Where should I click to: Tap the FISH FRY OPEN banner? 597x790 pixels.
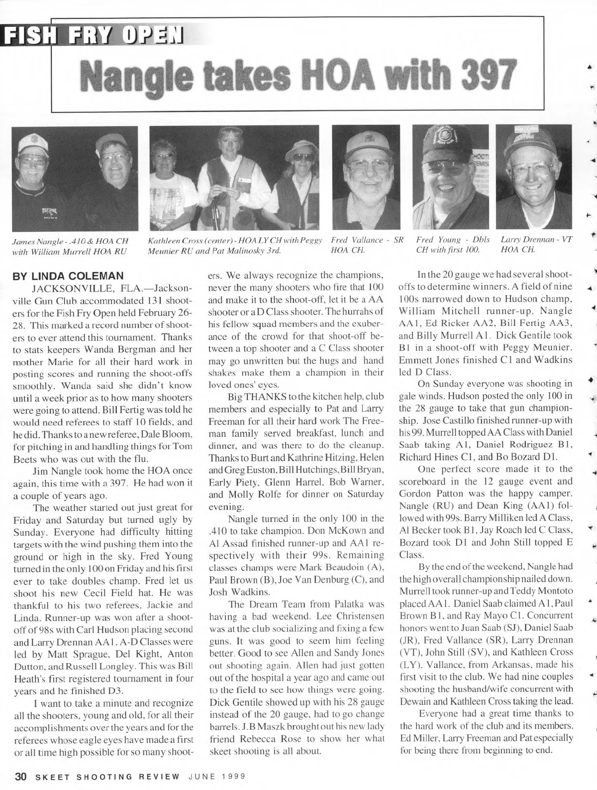coord(93,35)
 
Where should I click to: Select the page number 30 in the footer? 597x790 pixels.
coord(20,777)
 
